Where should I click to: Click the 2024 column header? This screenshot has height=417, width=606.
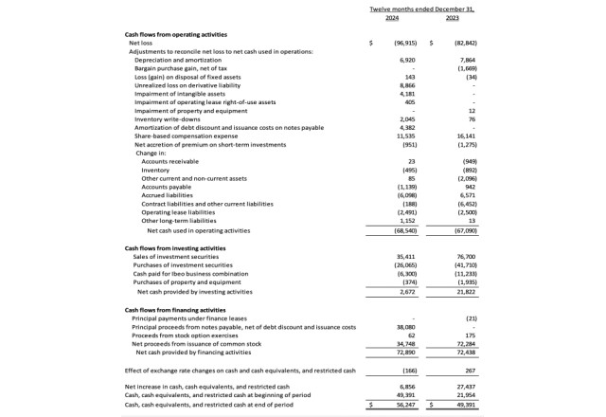pos(393,17)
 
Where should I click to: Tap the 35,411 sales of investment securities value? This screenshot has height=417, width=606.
pos(405,257)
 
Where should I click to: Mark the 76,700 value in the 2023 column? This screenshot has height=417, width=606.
pos(463,257)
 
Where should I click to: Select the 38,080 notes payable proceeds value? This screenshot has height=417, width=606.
pos(405,327)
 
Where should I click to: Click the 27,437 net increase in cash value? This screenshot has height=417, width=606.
pos(463,388)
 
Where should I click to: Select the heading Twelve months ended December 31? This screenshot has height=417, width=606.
pos(420,9)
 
